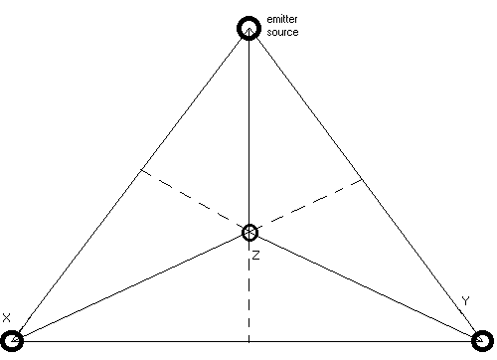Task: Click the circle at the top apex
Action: pyautogui.click(x=248, y=28)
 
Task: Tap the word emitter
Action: pyautogui.click(x=283, y=20)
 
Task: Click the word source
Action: pyautogui.click(x=282, y=32)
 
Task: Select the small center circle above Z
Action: pyautogui.click(x=249, y=233)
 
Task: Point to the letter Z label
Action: pyautogui.click(x=254, y=256)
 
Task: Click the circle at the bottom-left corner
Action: pyautogui.click(x=13, y=341)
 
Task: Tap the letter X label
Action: pyautogui.click(x=6, y=317)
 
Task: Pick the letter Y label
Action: pyautogui.click(x=465, y=300)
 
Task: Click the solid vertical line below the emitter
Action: pyautogui.click(x=249, y=129)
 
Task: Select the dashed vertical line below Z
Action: pyautogui.click(x=249, y=293)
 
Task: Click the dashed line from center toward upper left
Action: pyautogui.click(x=194, y=201)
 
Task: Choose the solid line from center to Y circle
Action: pyautogui.click(x=368, y=286)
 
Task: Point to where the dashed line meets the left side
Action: pyautogui.click(x=138, y=170)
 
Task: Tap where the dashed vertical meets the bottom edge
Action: pyautogui.click(x=249, y=341)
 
